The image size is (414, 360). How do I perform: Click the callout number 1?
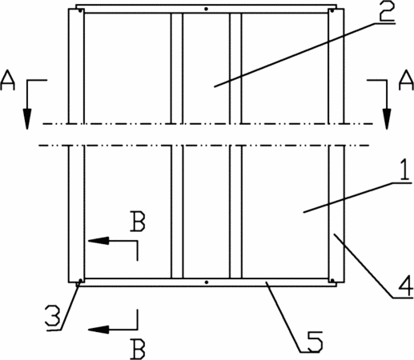(x=404, y=169)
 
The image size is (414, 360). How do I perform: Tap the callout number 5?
(x=314, y=341)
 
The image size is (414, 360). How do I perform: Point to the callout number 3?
(x=53, y=315)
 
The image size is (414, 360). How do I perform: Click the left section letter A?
(x=7, y=80)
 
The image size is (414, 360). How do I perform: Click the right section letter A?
(x=406, y=80)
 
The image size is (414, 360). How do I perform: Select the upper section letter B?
(x=138, y=221)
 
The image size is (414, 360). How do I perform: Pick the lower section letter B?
(x=138, y=349)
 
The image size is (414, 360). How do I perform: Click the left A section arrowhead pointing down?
(x=26, y=119)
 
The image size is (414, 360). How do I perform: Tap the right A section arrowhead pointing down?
(x=387, y=119)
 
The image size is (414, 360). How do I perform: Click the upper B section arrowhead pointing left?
(x=98, y=241)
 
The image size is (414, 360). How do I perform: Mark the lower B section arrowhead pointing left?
(x=98, y=330)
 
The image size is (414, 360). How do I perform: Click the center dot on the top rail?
(x=206, y=9)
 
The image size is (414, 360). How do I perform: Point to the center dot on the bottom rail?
(x=206, y=282)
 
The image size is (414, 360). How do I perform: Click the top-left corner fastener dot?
(x=80, y=10)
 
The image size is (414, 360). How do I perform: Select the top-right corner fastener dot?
(x=332, y=10)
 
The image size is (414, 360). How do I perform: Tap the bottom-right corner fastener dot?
(x=332, y=280)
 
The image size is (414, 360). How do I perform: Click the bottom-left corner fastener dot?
(x=80, y=280)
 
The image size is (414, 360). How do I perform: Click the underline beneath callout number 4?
(x=403, y=298)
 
